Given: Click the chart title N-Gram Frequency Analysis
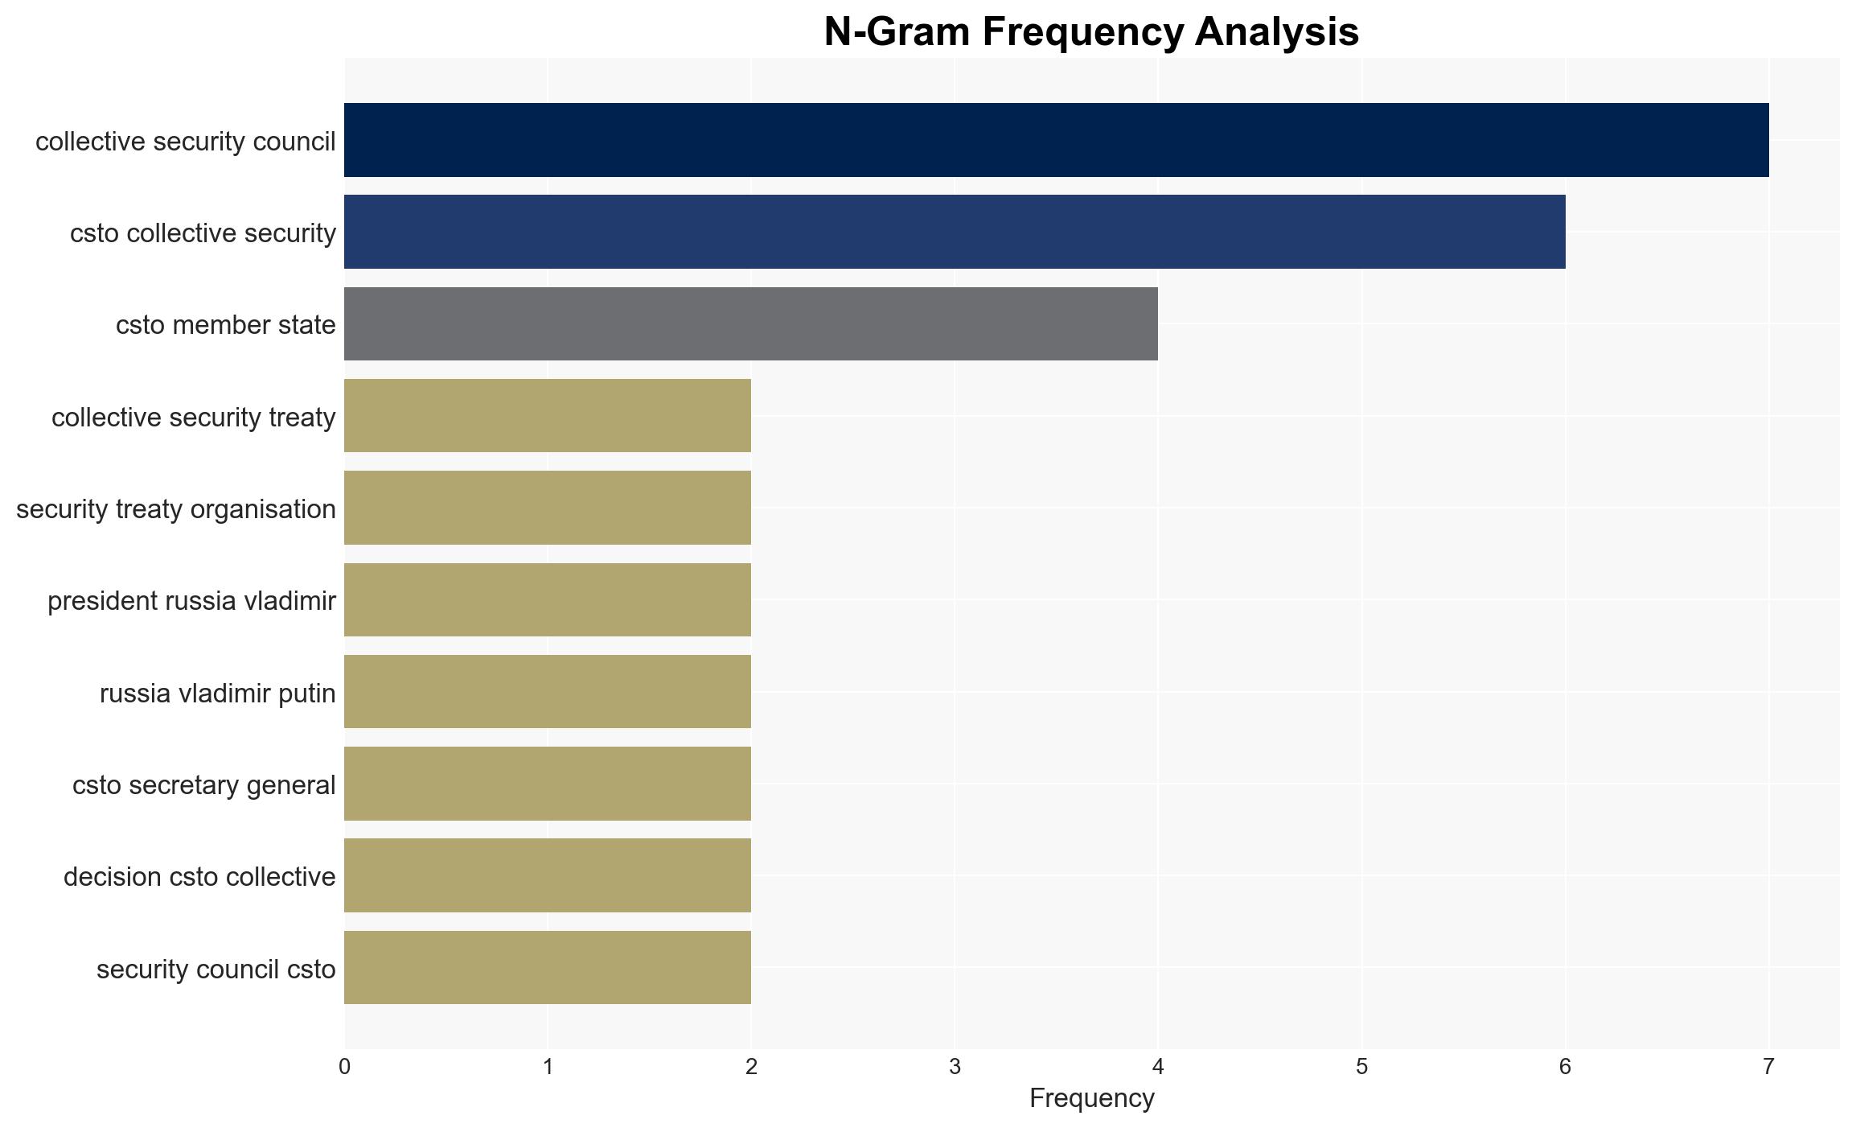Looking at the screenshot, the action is tap(1091, 32).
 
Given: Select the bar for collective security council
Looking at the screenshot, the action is tap(1057, 140).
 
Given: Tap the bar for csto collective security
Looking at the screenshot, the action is tap(955, 232).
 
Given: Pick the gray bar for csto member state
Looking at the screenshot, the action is tap(751, 323).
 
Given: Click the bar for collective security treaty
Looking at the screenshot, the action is tap(548, 416).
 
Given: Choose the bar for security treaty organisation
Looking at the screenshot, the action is tap(548, 508).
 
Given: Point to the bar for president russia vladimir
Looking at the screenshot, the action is tap(548, 599).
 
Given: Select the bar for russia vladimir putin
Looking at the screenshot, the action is tap(548, 692).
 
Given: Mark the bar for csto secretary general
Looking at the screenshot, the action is tap(548, 784).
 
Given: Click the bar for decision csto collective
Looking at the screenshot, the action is tap(548, 875).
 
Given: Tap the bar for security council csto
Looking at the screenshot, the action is tap(548, 968).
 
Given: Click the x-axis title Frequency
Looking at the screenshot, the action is tap(1091, 1098).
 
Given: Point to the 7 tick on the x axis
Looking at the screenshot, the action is tap(1768, 1067).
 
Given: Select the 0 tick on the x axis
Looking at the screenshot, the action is tap(344, 1067).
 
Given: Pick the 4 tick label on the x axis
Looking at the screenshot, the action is tap(1158, 1067).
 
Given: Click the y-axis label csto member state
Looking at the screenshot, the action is tap(226, 325).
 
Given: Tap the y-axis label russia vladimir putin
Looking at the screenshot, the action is tap(218, 693).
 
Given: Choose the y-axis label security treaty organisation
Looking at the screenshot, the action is tap(176, 509).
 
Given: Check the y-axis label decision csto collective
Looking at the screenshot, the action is tap(199, 877).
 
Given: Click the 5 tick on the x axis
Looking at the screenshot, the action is tap(1361, 1067).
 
